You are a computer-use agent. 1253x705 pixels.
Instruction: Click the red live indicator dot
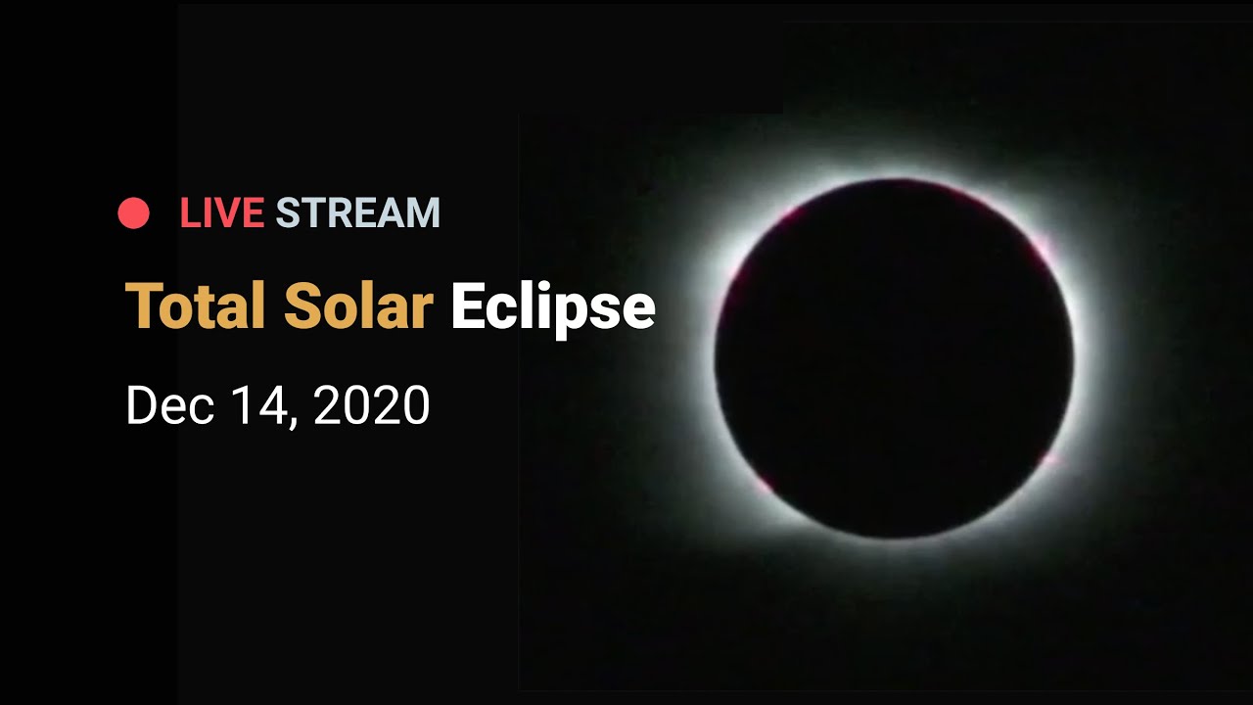(134, 213)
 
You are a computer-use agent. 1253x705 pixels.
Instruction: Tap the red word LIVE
(222, 213)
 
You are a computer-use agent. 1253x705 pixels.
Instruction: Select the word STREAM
(358, 213)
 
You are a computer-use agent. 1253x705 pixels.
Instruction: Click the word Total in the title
(195, 305)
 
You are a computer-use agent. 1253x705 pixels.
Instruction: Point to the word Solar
(358, 305)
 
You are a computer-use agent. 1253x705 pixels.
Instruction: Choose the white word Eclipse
(553, 310)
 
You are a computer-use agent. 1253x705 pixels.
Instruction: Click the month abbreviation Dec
(170, 405)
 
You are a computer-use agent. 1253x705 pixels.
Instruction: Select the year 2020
(372, 405)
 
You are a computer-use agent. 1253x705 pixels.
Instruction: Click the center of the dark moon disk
(894, 358)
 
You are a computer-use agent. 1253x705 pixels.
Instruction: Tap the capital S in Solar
(302, 305)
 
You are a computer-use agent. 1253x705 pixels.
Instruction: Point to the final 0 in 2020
(415, 405)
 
